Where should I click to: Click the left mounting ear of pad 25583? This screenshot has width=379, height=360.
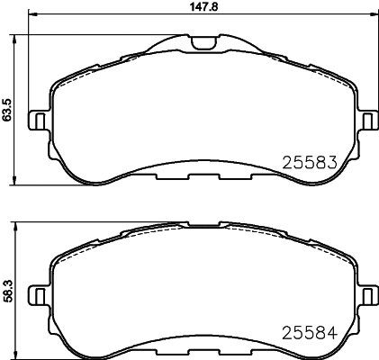point(38,120)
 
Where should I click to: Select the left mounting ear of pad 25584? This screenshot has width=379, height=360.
point(38,293)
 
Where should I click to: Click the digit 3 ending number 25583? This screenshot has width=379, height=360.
point(329,163)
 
